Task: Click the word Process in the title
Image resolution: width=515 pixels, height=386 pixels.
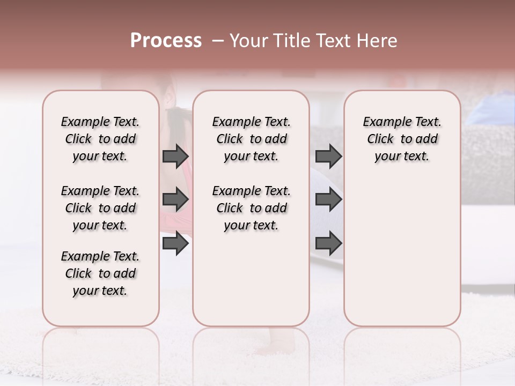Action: tap(166, 41)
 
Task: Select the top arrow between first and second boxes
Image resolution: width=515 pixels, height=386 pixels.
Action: tap(175, 157)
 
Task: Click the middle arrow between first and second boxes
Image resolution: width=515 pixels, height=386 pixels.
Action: tap(175, 200)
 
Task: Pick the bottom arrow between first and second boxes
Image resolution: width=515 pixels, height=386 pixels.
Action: tap(175, 243)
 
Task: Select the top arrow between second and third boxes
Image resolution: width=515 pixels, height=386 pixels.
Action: tap(328, 157)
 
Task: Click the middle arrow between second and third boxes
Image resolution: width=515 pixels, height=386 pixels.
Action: tap(328, 200)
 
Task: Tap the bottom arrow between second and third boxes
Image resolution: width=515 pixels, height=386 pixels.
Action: tap(328, 243)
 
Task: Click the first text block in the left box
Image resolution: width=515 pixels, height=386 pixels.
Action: tap(100, 139)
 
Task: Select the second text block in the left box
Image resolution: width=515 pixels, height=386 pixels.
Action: tap(100, 208)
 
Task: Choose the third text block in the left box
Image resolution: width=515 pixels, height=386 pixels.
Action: tap(100, 273)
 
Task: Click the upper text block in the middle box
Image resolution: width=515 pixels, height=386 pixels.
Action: tap(251, 139)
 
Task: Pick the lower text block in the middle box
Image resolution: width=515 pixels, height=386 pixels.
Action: tap(251, 208)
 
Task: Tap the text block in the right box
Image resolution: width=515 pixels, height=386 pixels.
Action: tap(402, 139)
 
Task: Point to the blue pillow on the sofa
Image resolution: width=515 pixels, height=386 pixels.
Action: tap(496, 110)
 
